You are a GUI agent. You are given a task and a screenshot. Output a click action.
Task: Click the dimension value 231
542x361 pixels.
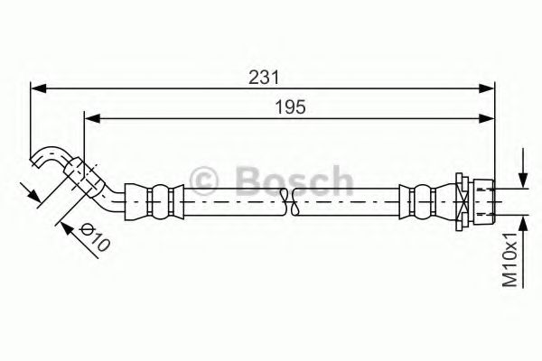(x=263, y=77)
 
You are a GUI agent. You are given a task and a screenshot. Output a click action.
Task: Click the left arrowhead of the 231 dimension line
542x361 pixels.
(x=37, y=88)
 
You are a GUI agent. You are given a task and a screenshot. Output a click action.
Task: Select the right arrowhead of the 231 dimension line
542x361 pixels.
(x=491, y=88)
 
